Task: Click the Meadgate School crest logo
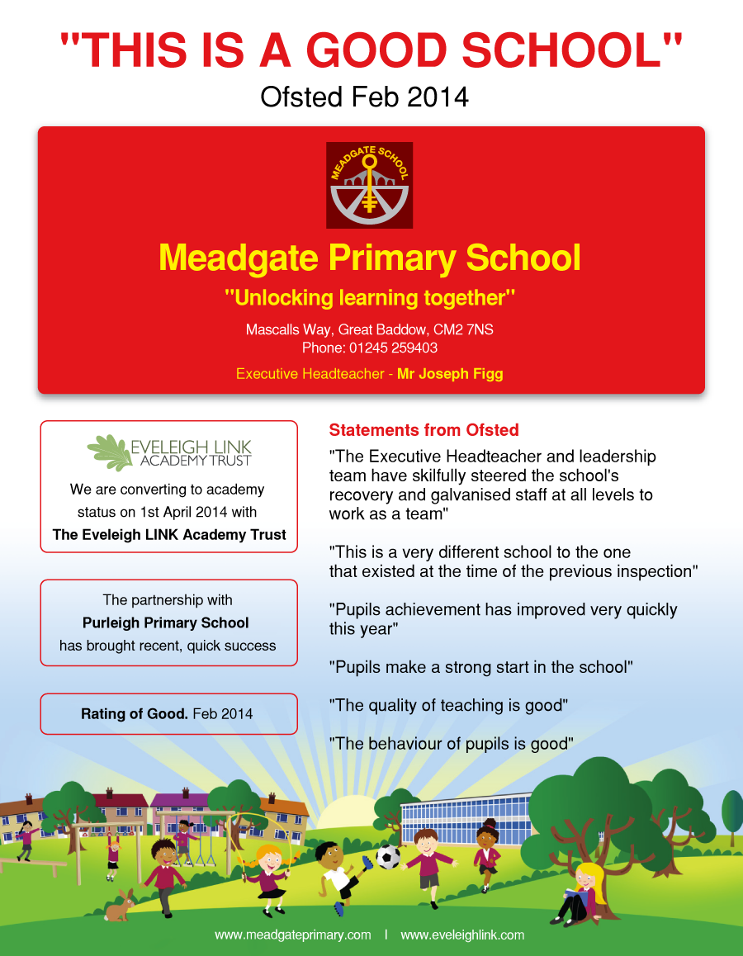pos(369,185)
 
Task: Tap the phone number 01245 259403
pos(393,348)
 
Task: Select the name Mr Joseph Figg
pos(450,374)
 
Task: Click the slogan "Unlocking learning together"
pos(370,297)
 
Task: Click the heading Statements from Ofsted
pos(424,430)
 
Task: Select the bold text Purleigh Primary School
pos(166,622)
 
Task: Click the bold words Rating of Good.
pos(135,713)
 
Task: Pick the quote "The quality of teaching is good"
pos(449,705)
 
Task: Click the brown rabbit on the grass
pos(121,905)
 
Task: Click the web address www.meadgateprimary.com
pos(293,935)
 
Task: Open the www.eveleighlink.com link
pos(462,935)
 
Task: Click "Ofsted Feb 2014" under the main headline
pos(364,97)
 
